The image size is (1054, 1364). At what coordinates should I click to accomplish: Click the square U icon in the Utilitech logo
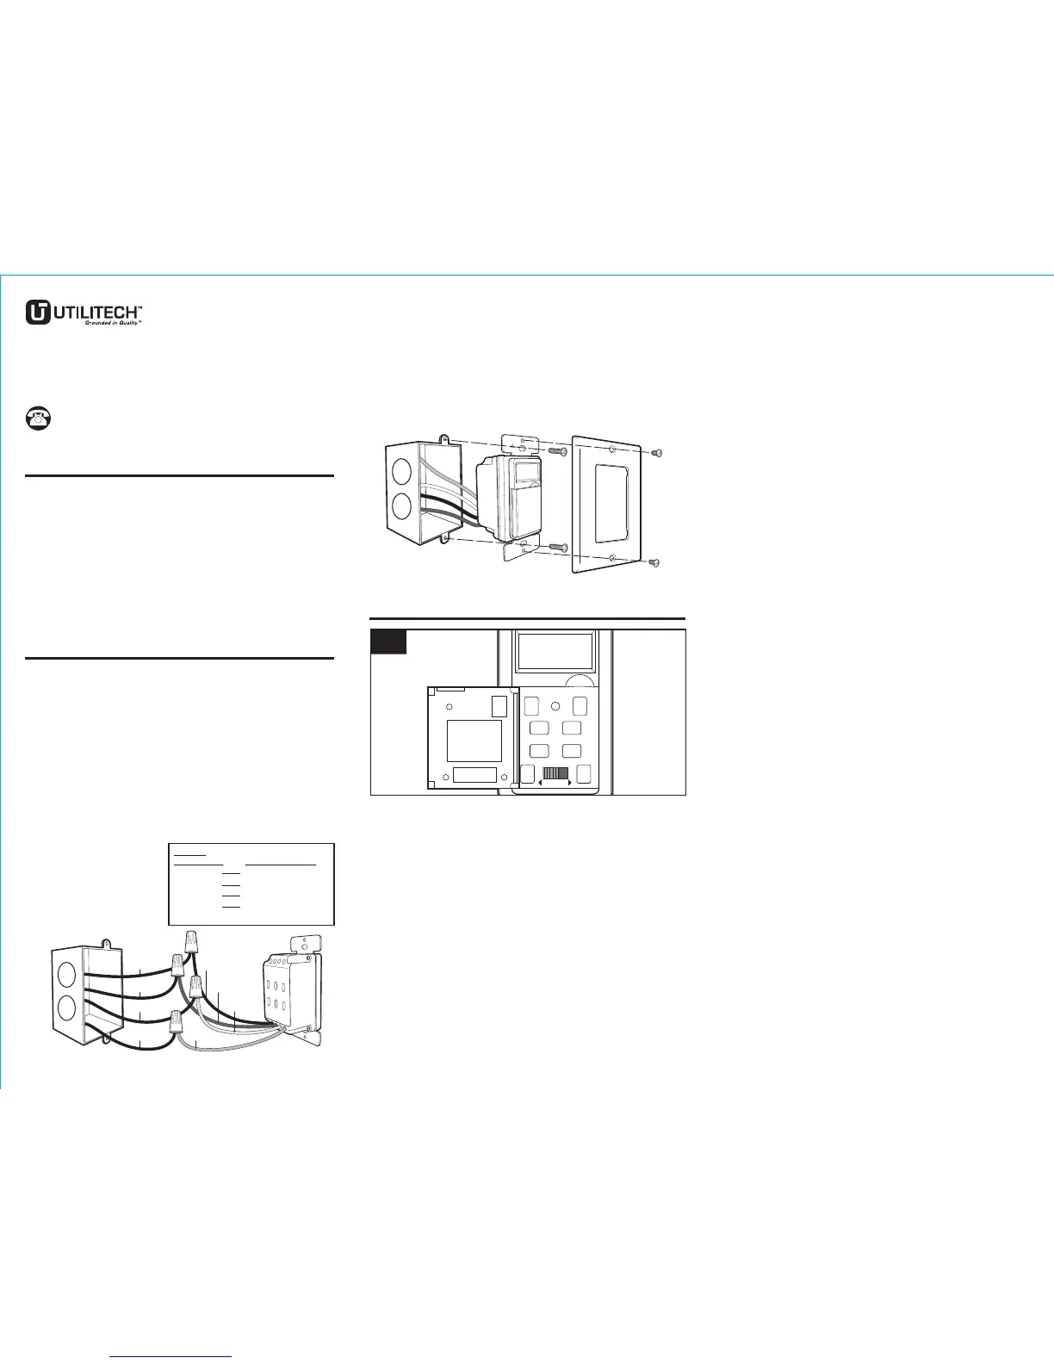tap(37, 312)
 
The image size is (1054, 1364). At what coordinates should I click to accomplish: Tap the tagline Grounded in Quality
tap(111, 323)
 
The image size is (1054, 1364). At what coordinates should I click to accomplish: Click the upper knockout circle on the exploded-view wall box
tap(401, 472)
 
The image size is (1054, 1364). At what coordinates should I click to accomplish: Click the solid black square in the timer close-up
tap(388, 642)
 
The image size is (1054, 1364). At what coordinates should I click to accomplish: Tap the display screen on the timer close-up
tap(554, 653)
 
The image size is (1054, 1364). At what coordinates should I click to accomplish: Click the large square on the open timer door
tap(474, 741)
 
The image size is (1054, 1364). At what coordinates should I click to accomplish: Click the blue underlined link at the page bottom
tap(172, 1356)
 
